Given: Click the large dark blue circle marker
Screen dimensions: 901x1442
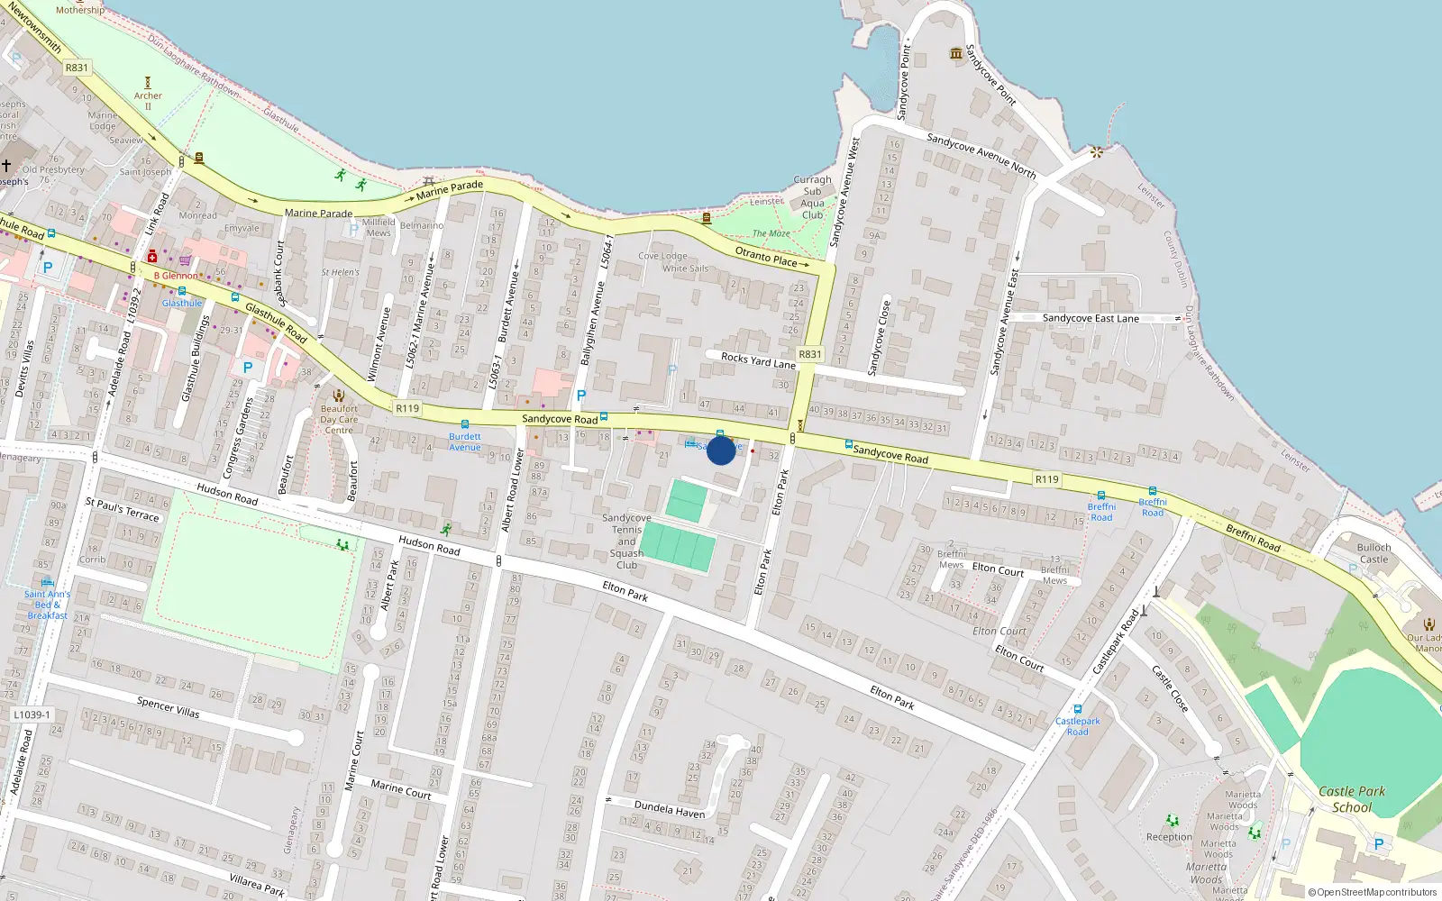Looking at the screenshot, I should tap(721, 450).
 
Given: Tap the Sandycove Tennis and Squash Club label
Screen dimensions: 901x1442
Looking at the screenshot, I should tap(626, 542).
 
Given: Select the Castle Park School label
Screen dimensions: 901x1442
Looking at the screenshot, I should tap(1352, 799).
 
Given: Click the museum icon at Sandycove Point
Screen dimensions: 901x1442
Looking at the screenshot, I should tap(956, 54).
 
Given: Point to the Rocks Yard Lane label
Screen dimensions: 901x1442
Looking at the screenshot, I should tap(758, 359).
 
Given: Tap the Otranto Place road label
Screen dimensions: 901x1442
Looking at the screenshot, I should tap(766, 257).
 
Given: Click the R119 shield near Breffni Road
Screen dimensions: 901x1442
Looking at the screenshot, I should tap(1046, 479).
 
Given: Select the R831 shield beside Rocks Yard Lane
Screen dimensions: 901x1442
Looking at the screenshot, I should tap(810, 354).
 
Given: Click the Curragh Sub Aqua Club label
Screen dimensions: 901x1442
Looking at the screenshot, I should tap(813, 197).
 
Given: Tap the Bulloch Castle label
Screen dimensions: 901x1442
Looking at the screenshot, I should tap(1374, 553).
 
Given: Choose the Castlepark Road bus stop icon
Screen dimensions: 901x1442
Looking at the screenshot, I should tap(1078, 709).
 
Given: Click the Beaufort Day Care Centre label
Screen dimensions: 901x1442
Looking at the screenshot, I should tap(339, 419).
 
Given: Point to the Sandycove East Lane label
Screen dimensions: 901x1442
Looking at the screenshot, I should tap(1091, 318).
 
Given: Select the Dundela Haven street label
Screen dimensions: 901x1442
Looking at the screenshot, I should tap(670, 808).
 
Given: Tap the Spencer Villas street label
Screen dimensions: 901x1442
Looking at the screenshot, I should tap(169, 707).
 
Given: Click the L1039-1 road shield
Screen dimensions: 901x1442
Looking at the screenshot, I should tap(32, 714).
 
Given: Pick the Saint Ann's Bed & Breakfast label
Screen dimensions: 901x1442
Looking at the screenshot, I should tap(47, 605).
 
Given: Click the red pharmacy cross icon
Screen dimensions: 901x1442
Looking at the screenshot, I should tap(152, 257).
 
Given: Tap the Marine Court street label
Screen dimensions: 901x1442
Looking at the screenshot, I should tap(401, 790).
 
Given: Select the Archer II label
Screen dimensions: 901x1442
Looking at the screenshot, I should tap(148, 100).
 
